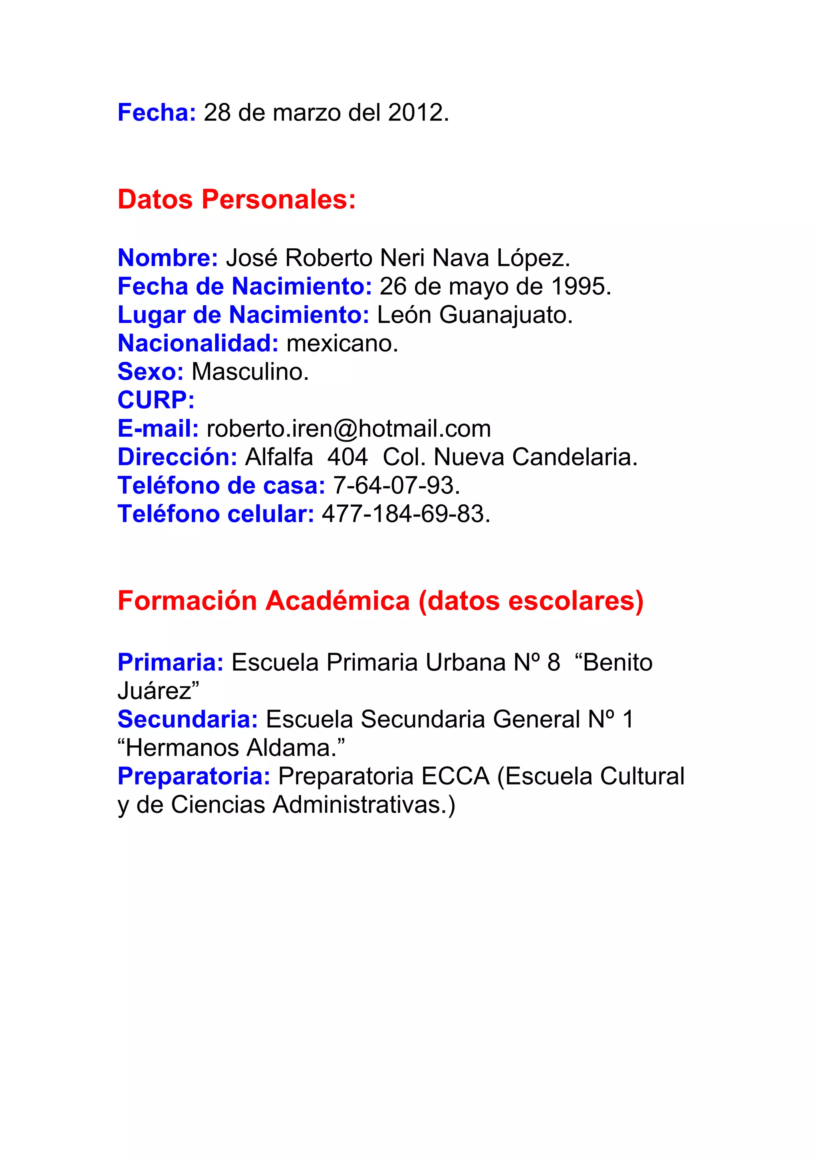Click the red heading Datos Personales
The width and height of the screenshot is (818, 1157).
click(236, 200)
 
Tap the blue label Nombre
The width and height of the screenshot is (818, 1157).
click(167, 258)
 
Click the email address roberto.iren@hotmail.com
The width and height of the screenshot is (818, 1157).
click(349, 429)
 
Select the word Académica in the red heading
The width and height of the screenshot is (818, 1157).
click(338, 601)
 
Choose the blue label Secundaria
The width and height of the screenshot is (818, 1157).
click(187, 719)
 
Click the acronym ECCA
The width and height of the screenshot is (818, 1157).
click(455, 777)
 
